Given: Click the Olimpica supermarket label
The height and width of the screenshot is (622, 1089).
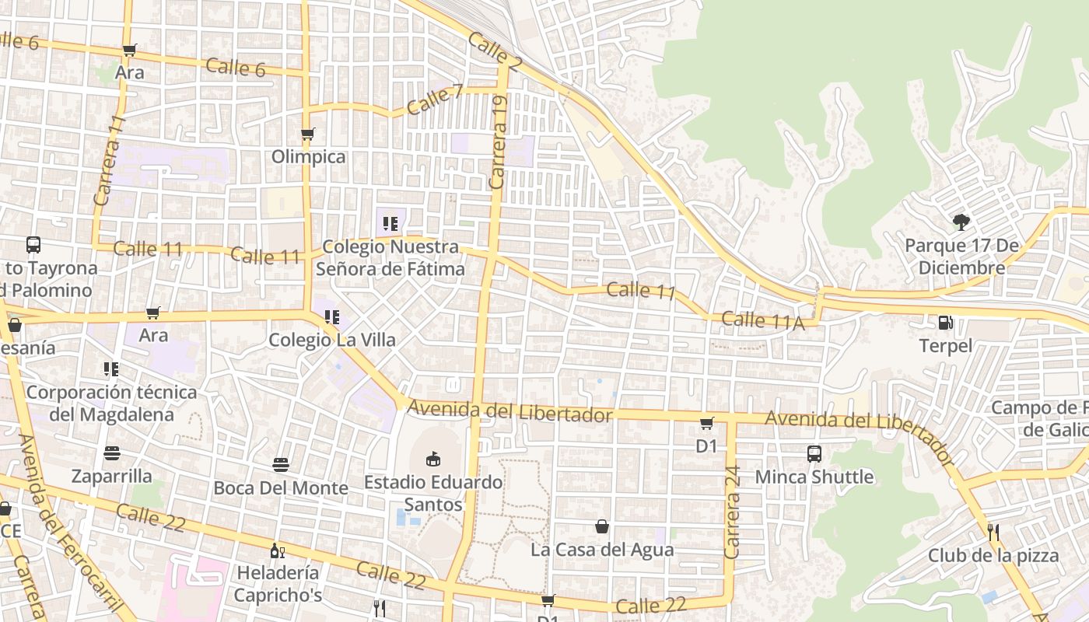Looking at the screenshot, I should click(x=308, y=156).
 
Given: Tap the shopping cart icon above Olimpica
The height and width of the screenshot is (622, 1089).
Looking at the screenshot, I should click(x=308, y=134).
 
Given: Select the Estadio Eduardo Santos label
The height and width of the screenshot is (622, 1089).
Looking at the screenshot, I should click(x=433, y=493).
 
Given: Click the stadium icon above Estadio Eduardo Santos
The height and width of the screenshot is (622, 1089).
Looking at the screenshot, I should click(x=433, y=459).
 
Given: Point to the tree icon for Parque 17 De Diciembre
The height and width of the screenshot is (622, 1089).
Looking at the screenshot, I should click(x=961, y=222).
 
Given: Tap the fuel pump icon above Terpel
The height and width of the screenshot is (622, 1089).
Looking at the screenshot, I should click(x=946, y=322).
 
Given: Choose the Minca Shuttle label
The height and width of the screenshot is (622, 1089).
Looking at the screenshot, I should click(x=814, y=476).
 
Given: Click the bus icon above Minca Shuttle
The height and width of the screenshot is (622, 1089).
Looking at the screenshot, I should click(x=814, y=454).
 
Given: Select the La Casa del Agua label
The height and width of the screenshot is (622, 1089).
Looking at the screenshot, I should click(x=602, y=550).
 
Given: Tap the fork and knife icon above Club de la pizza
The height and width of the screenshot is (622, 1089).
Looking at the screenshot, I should click(x=993, y=533).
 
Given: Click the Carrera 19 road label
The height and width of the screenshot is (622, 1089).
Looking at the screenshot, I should click(x=499, y=142).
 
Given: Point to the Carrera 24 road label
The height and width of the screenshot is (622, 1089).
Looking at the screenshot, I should click(x=732, y=512).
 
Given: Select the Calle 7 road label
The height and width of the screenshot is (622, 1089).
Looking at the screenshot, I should click(x=434, y=100).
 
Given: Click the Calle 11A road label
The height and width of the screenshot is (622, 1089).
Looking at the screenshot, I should click(x=762, y=320).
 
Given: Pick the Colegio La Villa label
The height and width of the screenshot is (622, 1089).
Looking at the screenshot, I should click(x=332, y=340).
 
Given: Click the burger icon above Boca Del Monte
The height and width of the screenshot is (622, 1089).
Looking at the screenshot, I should click(x=281, y=465).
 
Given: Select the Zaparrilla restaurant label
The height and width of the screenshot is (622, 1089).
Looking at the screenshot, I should click(x=112, y=476).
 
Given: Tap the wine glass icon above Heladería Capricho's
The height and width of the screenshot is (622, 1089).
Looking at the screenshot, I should click(x=277, y=550).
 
